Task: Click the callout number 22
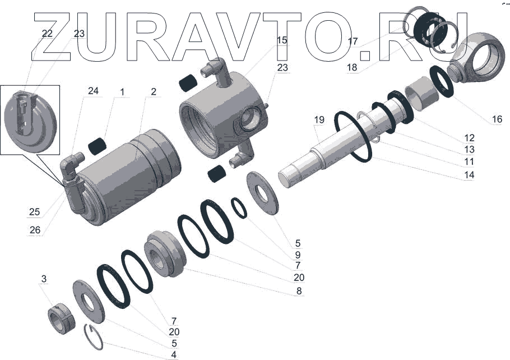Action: tap(48, 33)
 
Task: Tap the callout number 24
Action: tap(93, 90)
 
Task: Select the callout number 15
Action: tap(282, 40)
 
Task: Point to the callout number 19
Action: tap(319, 120)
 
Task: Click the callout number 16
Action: tap(497, 119)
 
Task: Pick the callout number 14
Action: tap(469, 175)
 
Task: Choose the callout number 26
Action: tap(35, 230)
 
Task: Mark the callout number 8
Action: tap(299, 290)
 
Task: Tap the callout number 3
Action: tap(44, 279)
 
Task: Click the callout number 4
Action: tap(174, 354)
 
